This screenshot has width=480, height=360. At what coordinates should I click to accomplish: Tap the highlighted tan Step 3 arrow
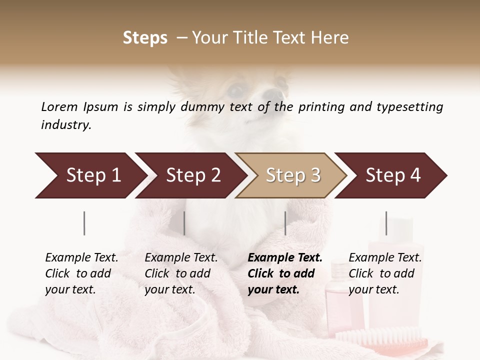click(291, 175)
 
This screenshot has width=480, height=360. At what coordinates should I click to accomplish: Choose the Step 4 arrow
click(391, 175)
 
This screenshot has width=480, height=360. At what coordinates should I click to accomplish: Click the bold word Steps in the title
click(145, 38)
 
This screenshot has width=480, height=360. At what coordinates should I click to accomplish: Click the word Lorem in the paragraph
click(59, 106)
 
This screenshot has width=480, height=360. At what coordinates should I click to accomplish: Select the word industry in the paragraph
click(66, 124)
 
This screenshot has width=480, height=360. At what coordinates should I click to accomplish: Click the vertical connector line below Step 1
click(84, 223)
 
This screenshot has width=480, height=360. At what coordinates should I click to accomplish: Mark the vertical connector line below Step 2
click(184, 223)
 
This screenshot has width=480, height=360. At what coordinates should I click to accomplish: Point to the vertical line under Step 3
click(285, 223)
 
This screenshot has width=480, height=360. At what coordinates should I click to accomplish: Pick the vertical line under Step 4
click(386, 223)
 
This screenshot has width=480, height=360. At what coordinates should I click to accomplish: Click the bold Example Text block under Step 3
click(285, 273)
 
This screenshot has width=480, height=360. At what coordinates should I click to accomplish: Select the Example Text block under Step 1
click(81, 273)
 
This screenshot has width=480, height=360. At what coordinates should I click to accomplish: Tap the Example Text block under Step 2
click(181, 273)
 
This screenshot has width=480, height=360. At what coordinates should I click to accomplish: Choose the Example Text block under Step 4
click(385, 273)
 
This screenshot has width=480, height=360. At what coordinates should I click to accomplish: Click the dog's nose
click(273, 93)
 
